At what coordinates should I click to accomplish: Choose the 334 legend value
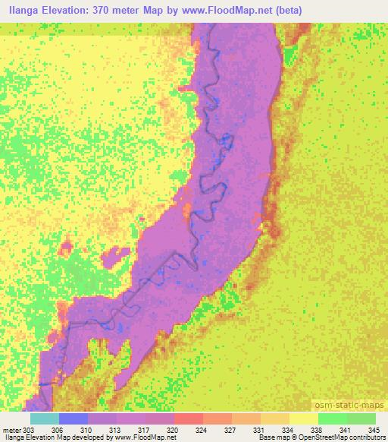[286, 429]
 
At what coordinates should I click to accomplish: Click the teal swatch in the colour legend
[44, 418]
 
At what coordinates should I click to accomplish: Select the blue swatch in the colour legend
[73, 418]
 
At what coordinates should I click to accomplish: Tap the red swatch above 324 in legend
[188, 418]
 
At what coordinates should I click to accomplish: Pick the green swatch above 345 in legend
[361, 418]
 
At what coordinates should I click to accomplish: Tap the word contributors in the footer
[367, 438]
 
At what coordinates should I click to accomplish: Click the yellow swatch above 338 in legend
[303, 418]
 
